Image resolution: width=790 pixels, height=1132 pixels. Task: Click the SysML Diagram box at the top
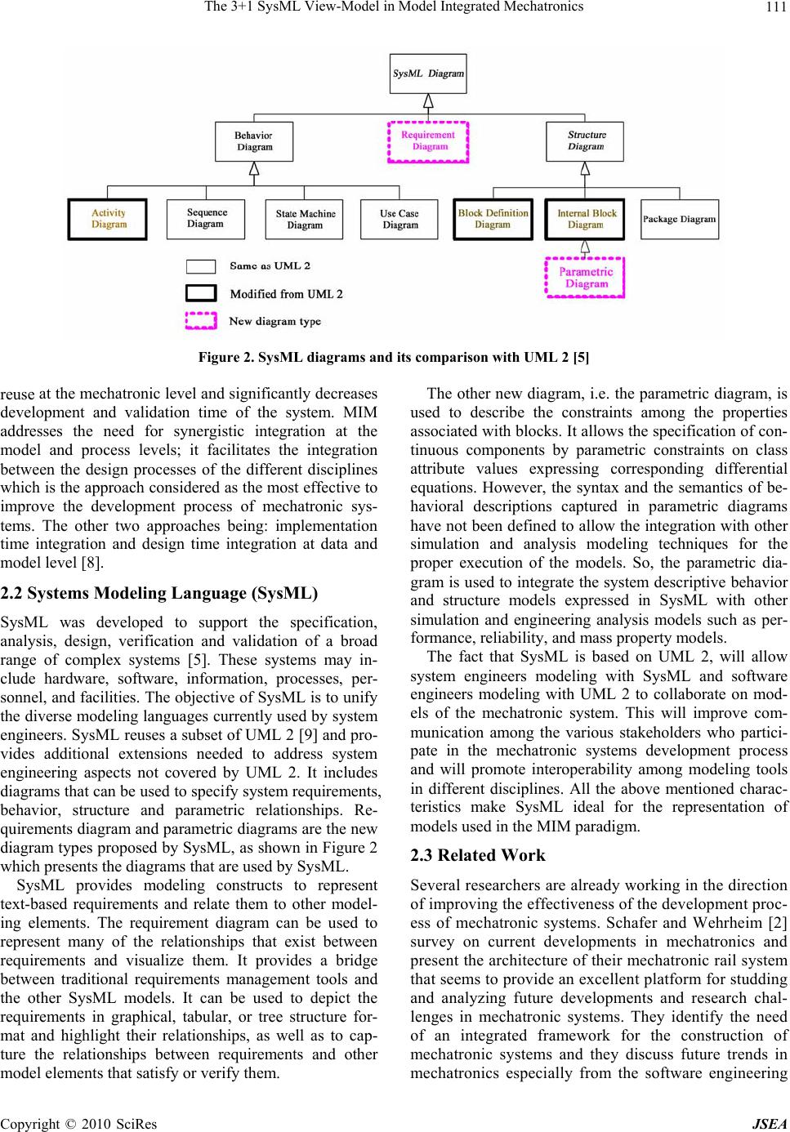pos(428,74)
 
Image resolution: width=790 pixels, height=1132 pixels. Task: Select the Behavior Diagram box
pos(254,141)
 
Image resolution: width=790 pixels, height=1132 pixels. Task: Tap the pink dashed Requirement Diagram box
pos(428,141)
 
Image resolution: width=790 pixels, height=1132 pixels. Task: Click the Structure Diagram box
pos(585,141)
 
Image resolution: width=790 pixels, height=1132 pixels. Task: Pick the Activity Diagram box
pos(108,219)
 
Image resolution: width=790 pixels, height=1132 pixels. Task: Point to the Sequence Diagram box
pos(205,219)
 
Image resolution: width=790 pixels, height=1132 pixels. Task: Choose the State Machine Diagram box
pos(304,219)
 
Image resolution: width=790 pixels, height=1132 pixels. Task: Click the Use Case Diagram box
pos(399,219)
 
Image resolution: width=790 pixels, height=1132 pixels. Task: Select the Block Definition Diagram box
pos(493,219)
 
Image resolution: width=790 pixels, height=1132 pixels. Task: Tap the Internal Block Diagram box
pos(585,219)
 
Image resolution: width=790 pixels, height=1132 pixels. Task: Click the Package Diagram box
pos(679,219)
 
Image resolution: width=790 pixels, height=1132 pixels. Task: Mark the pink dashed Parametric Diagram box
pos(585,278)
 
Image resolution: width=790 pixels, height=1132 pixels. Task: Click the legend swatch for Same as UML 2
pos(201,266)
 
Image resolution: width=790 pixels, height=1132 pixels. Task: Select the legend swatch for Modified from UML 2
pos(201,293)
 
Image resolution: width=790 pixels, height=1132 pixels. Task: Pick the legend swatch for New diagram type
pos(201,321)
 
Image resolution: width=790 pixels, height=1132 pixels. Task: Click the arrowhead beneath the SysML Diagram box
pos(428,100)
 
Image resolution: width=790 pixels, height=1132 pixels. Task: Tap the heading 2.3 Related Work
pos(478,855)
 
